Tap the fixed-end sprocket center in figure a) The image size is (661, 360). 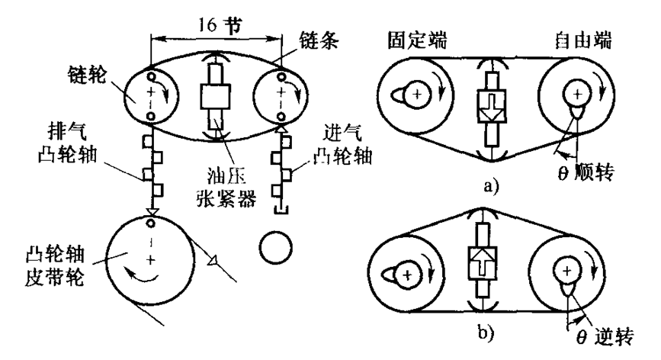point(417,95)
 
